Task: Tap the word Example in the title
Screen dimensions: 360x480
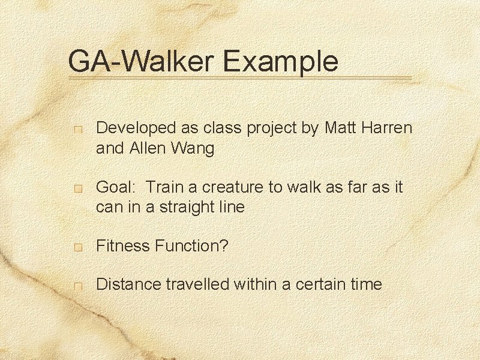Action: pyautogui.click(x=281, y=62)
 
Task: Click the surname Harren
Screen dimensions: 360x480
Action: pyautogui.click(x=389, y=128)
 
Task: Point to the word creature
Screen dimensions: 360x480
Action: pyautogui.click(x=230, y=187)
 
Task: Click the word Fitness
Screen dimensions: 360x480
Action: pyautogui.click(x=122, y=245)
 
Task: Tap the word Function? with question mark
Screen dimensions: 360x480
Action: pyautogui.click(x=191, y=245)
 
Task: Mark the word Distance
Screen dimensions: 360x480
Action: pyautogui.click(x=125, y=284)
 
